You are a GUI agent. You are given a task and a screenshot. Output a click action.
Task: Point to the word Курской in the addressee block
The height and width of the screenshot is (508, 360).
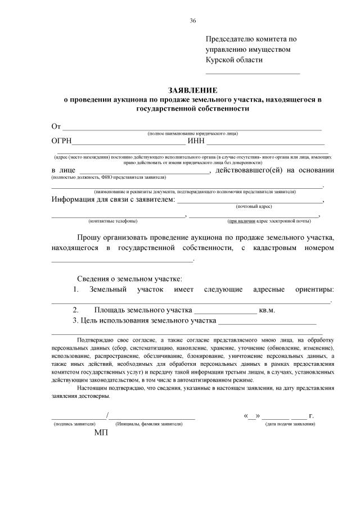tap(220, 60)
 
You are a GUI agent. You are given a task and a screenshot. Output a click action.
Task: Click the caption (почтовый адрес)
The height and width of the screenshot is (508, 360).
tap(253, 207)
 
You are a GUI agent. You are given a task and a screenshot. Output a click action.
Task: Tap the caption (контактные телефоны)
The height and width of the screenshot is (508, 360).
tap(112, 221)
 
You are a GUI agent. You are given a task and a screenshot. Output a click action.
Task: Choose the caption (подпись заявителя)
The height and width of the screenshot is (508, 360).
tap(74, 424)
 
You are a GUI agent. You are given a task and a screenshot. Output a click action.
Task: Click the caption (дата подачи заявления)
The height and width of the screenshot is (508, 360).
tap(290, 424)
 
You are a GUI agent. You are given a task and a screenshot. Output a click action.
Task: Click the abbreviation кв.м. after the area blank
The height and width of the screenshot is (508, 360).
tap(267, 310)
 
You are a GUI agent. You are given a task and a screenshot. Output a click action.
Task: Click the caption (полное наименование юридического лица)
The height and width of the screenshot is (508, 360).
tap(192, 133)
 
